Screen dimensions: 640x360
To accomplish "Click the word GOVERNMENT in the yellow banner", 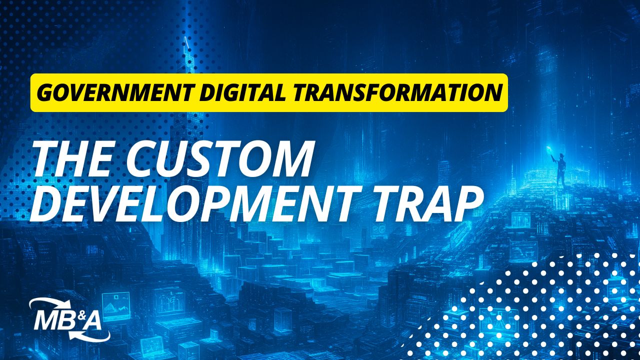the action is click(115, 92).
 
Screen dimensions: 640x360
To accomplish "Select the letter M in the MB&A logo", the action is click(47, 321).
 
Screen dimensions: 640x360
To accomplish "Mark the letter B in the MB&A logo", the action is click(68, 321).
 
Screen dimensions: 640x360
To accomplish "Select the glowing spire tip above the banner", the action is click(187, 42).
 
